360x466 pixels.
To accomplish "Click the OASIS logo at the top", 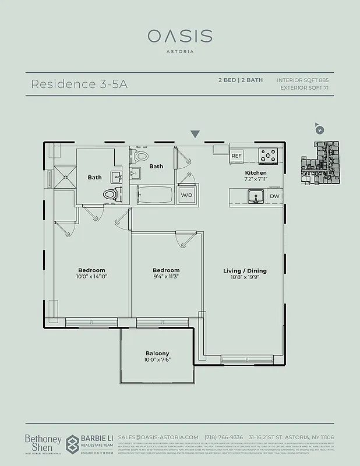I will pyautogui.click(x=179, y=36).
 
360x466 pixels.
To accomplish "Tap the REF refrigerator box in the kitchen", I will pyautogui.click(x=237, y=156).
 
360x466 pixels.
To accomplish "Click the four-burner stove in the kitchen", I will pyautogui.click(x=269, y=156).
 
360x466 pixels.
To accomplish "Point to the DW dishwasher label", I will pyautogui.click(x=274, y=196).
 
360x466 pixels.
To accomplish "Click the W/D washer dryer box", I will pyautogui.click(x=187, y=195).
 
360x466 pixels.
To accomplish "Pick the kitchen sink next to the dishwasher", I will pyautogui.click(x=255, y=197).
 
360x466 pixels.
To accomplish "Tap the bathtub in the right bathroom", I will pyautogui.click(x=154, y=195).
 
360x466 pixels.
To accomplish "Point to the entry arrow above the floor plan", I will pyautogui.click(x=195, y=135).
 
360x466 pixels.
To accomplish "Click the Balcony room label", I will pyautogui.click(x=157, y=354).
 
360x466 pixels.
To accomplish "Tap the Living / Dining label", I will pyautogui.click(x=245, y=271).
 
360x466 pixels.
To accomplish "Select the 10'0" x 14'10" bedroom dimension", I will pyautogui.click(x=92, y=277).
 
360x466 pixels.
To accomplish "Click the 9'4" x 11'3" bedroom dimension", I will pyautogui.click(x=166, y=277).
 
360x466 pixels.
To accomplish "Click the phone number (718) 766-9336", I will pyautogui.click(x=224, y=437).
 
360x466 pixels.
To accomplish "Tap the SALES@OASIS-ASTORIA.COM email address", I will pyautogui.click(x=158, y=437).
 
